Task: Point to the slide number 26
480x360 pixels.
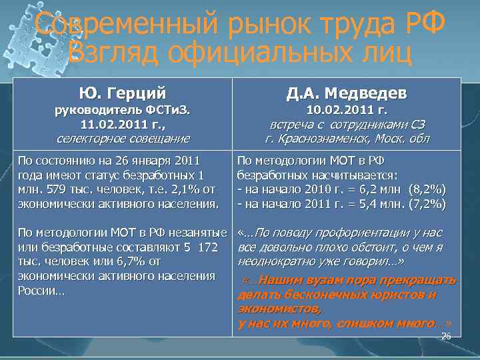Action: (446, 337)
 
